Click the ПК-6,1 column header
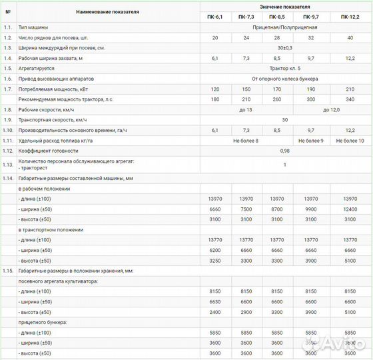[x=215, y=16]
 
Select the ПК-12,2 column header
[x=352, y=16]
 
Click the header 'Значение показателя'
[x=285, y=6]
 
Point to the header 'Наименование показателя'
[x=108, y=11]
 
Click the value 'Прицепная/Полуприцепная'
[x=285, y=27]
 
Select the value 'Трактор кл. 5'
[x=285, y=68]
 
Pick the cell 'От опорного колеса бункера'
[x=285, y=79]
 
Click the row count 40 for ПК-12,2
[x=352, y=38]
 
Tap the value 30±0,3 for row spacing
[x=285, y=48]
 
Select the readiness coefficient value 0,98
[x=285, y=151]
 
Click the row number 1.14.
[x=8, y=178]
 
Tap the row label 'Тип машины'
[x=32, y=27]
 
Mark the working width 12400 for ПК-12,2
[x=352, y=209]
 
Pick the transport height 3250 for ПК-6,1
[x=215, y=260]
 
